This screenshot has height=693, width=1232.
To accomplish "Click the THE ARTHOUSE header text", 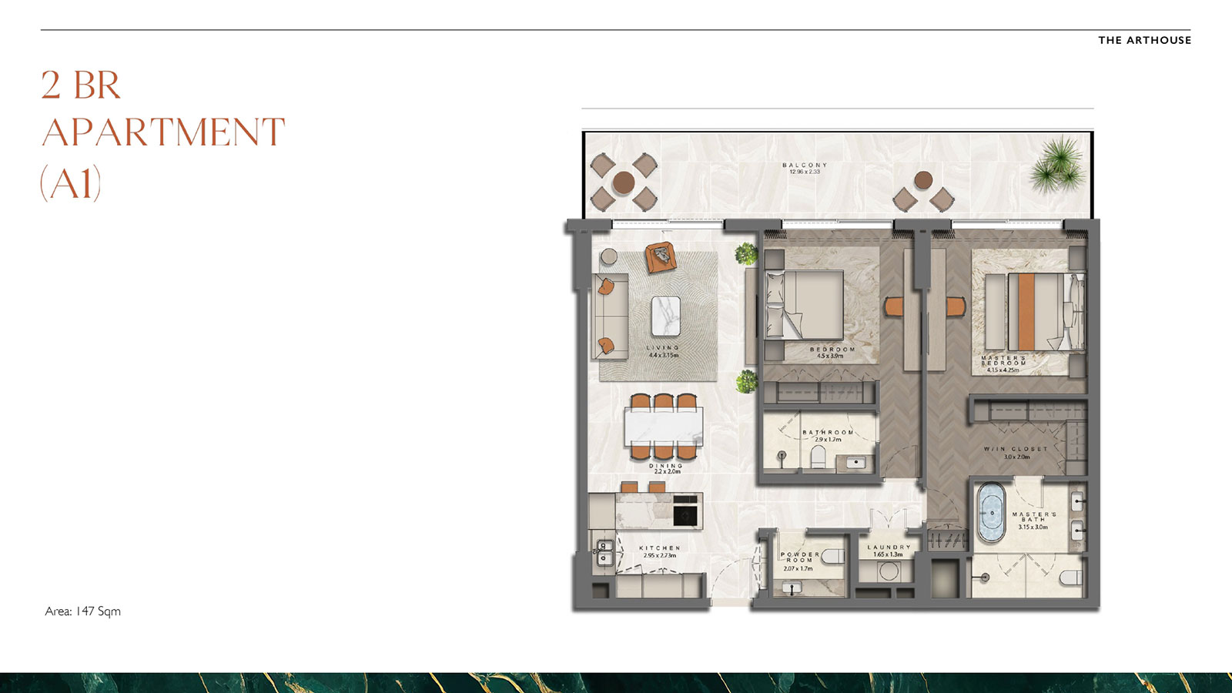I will [x=1144, y=40].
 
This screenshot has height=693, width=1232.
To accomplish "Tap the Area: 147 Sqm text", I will [x=82, y=611].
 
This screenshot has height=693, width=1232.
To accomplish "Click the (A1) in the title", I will [x=71, y=183].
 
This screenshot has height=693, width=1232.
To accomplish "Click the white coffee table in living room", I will [x=665, y=316].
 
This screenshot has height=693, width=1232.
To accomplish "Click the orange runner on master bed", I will [x=1026, y=312].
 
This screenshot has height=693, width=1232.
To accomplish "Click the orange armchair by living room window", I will [x=660, y=257].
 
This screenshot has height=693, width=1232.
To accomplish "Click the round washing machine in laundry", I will [x=889, y=572].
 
